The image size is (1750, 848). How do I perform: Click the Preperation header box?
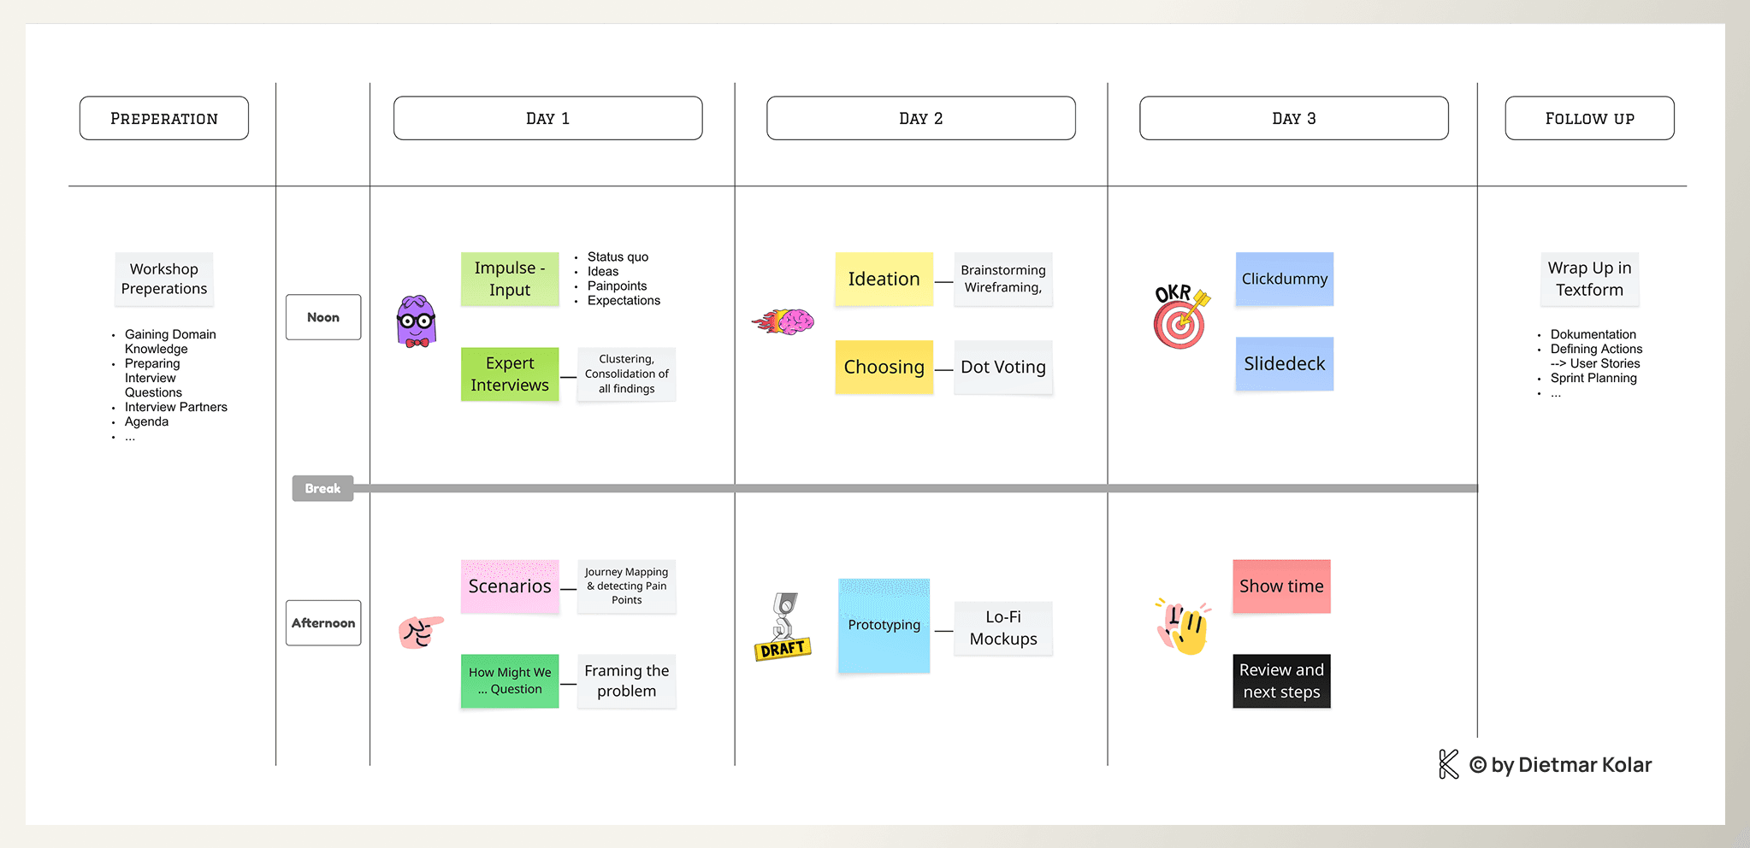point(164,118)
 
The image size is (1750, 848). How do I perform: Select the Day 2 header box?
point(920,118)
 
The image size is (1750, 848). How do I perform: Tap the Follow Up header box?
point(1589,118)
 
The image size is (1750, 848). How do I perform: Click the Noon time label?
point(323,317)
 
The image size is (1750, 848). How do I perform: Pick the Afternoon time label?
point(323,623)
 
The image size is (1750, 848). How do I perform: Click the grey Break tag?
point(322,488)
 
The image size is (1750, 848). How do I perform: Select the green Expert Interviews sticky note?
point(510,374)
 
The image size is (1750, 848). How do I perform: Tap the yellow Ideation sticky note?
point(884,279)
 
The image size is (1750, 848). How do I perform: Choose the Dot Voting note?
point(1003,368)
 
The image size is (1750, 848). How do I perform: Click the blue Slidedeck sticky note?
point(1284,364)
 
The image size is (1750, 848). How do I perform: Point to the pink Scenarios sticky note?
point(510,586)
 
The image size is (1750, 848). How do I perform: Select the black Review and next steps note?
point(1281,681)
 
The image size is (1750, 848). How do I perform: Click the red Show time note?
point(1281,586)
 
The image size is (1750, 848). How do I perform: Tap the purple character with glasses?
point(417,321)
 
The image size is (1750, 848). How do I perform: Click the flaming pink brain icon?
point(784,321)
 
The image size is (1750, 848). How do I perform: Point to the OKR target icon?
point(1181,318)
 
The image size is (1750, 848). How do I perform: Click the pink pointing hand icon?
point(420,632)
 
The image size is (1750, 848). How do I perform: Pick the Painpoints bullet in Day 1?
point(617,286)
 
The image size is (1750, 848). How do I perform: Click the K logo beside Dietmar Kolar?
point(1448,764)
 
